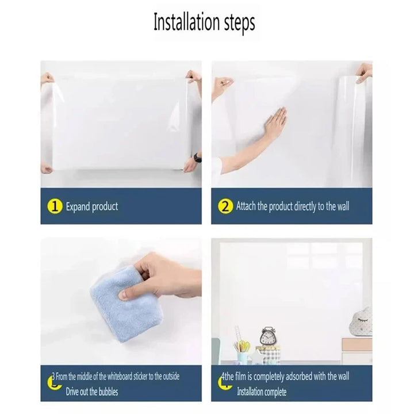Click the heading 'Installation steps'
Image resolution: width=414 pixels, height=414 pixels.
pyautogui.click(x=204, y=22)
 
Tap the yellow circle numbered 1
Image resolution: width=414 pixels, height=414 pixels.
pyautogui.click(x=55, y=206)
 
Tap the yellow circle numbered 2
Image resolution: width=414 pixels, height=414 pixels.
pyautogui.click(x=225, y=206)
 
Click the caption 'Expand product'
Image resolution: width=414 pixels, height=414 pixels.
pyautogui.click(x=92, y=207)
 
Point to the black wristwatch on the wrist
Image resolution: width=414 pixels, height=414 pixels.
pyautogui.click(x=197, y=158)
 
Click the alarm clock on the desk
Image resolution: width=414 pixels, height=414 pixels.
pyautogui.click(x=267, y=336)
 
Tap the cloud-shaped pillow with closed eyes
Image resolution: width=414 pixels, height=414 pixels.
pyautogui.click(x=361, y=322)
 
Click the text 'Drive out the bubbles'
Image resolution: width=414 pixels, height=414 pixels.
pyautogui.click(x=92, y=392)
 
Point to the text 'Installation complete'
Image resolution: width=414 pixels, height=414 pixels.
pyautogui.click(x=262, y=392)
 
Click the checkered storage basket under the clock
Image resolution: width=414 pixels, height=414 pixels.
pyautogui.click(x=268, y=354)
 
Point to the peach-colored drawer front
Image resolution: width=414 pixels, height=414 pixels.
pyautogui.click(x=357, y=344)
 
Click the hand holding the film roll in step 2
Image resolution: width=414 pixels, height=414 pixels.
pyautogui.click(x=364, y=72)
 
